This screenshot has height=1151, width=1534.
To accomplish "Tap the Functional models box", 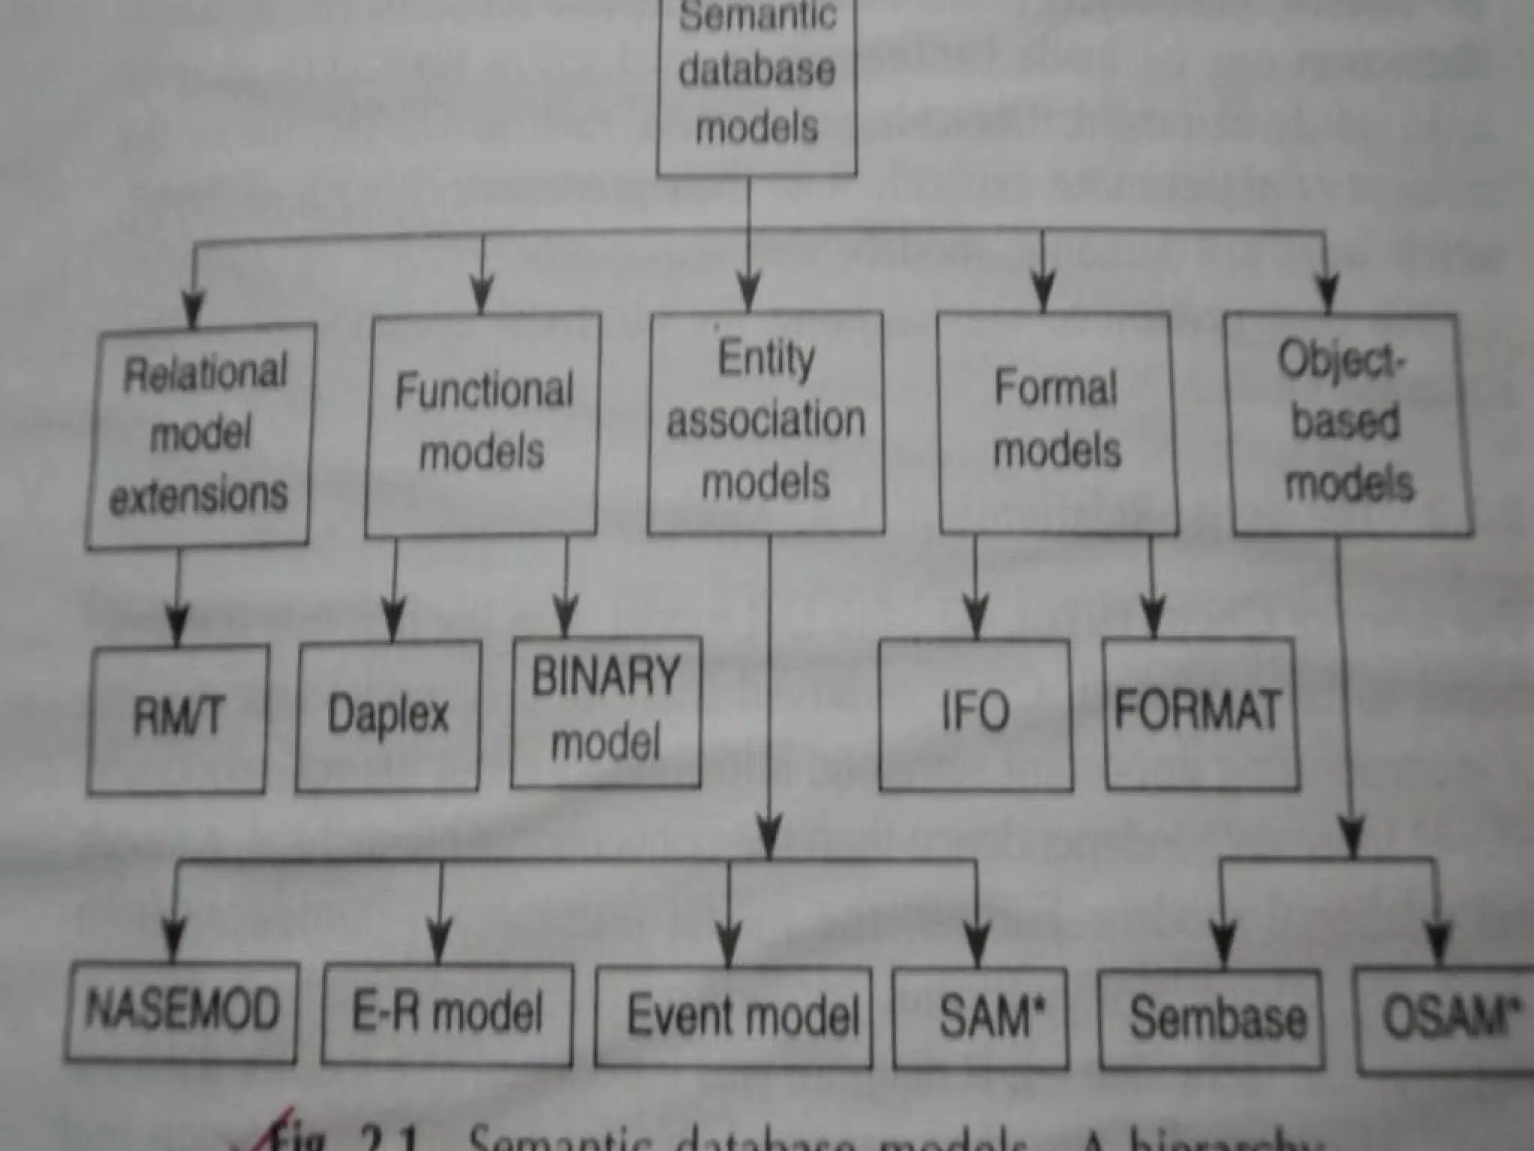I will pos(483,423).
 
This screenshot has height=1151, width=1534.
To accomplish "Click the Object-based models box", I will pos(1348,424).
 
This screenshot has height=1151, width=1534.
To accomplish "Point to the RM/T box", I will pos(178,718).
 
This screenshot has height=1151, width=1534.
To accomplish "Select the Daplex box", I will pos(388,716).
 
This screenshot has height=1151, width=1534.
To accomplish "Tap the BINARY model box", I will pos(606,712).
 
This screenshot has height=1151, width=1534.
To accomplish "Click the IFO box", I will pos(975,713).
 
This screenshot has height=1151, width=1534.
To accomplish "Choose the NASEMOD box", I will pos(181,1012).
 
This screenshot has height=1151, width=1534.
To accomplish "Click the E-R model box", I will pos(447,1014).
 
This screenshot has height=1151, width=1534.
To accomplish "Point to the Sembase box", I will pos(1212,1019).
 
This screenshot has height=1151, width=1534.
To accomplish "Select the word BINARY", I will pos(606,677).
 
